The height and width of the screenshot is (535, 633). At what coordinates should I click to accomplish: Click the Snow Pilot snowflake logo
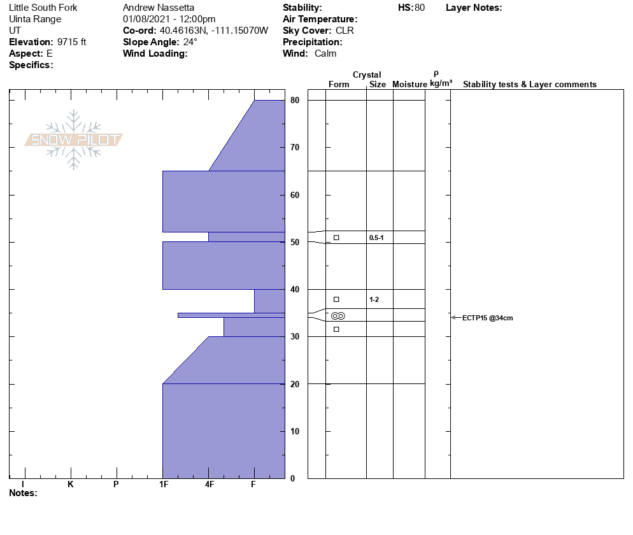73,139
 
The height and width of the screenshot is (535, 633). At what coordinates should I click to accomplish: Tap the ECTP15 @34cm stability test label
487,318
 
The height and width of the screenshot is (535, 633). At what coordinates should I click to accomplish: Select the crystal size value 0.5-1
376,238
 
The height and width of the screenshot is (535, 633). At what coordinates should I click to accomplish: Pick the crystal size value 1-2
374,299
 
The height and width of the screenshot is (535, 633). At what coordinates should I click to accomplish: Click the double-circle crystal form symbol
338,316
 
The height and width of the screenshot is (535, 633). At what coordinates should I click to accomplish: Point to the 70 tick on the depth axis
295,147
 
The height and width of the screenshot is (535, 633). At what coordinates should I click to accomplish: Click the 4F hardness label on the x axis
209,484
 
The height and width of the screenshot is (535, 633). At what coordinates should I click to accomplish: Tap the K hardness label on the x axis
70,484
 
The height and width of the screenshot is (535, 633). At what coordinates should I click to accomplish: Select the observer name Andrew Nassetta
158,8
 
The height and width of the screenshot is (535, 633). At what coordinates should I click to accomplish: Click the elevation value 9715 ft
71,42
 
